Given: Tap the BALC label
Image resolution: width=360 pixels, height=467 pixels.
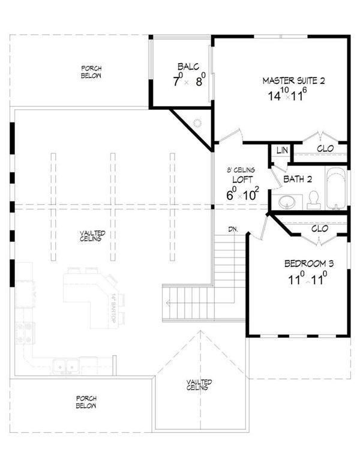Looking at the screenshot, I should tap(184, 67).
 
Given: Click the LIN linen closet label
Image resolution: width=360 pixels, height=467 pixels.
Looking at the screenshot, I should tap(280, 149).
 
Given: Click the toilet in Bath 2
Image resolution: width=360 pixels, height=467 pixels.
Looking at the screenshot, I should tap(314, 200).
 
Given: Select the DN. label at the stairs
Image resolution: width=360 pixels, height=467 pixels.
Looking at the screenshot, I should tap(235, 229).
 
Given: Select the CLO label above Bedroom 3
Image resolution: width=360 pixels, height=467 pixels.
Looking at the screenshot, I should tap(320, 228).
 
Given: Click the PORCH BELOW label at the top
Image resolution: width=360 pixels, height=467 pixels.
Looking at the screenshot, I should tap(91, 73).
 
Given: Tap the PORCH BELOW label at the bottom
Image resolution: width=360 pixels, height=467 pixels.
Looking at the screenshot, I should tap(87, 402).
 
